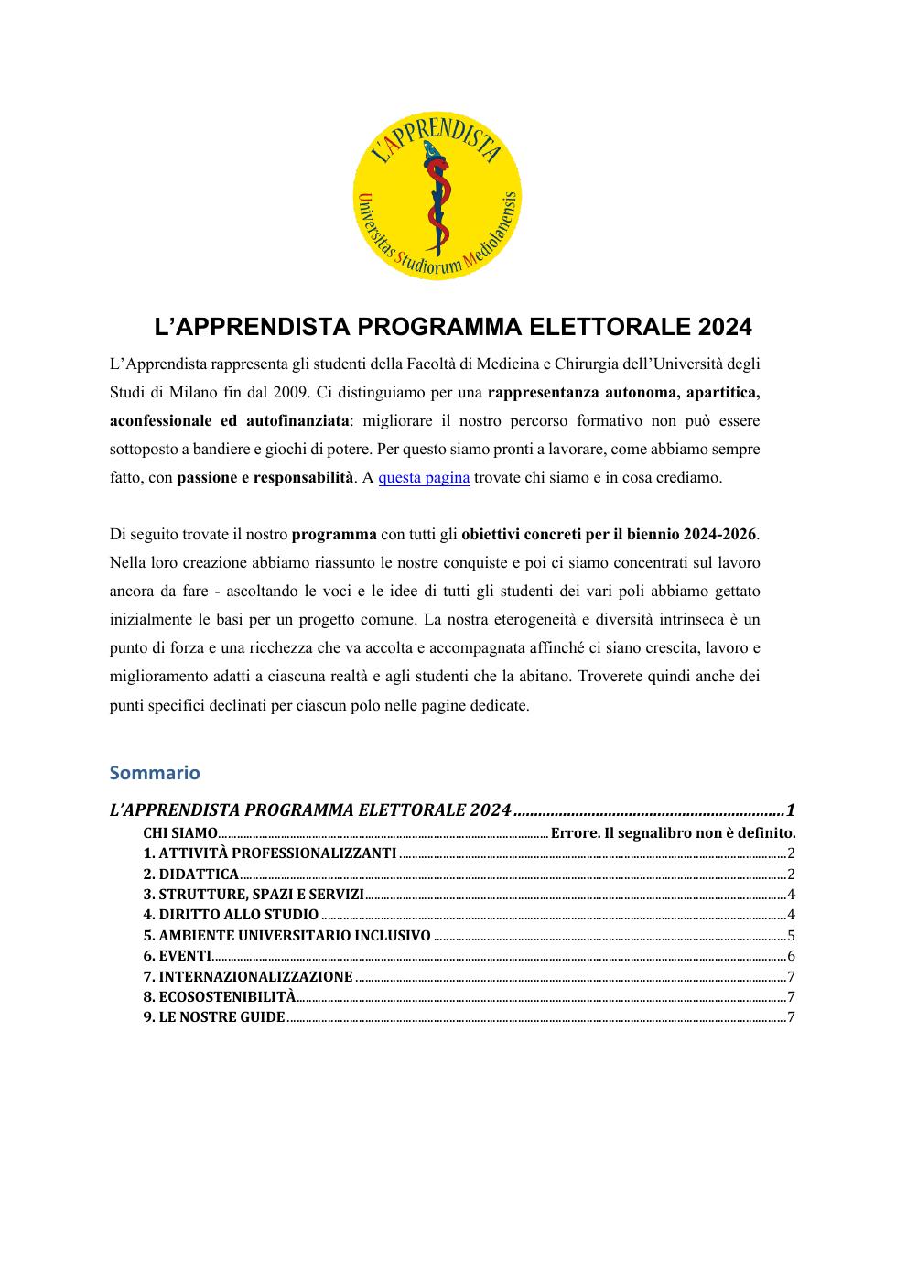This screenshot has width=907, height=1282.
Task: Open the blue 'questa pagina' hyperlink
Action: coord(424,477)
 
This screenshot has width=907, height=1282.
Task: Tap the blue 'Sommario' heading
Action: coord(154,772)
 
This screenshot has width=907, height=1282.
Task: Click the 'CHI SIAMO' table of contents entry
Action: coord(180,833)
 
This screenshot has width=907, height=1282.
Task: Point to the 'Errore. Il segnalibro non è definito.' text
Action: coord(673,833)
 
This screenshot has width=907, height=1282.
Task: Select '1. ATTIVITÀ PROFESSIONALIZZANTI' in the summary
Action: coord(270,853)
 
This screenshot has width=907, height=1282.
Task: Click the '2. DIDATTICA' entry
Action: coord(191,875)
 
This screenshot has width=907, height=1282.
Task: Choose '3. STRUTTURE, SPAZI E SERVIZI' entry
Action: coord(254,895)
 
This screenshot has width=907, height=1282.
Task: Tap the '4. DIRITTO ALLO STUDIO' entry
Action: coord(231,915)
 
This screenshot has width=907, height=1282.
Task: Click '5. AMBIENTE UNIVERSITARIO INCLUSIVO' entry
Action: coord(286,936)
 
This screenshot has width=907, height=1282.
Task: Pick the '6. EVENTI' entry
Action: coord(178,956)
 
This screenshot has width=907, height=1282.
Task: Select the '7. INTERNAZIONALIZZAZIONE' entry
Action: coord(248,976)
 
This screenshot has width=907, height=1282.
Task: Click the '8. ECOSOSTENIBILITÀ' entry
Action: coord(220,996)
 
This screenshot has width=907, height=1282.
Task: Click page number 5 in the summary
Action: coord(790,936)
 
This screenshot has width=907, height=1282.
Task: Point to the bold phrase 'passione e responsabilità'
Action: coord(265,477)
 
